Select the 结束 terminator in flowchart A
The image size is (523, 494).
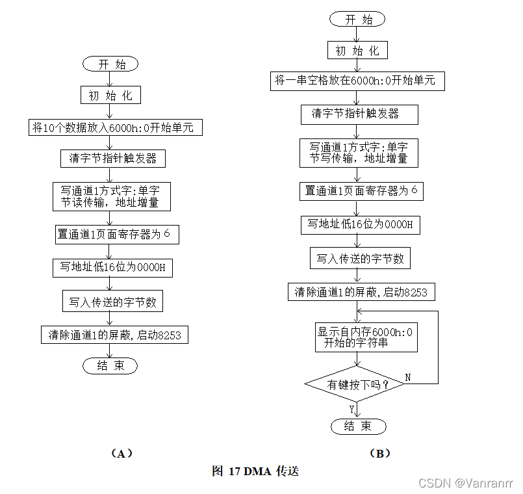click(x=110, y=366)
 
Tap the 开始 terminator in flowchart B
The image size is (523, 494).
click(x=358, y=19)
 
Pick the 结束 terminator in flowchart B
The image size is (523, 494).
click(x=358, y=426)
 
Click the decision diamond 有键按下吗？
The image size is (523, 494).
click(x=355, y=385)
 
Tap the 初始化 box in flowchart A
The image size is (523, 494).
click(x=110, y=95)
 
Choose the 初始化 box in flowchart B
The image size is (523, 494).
click(x=357, y=50)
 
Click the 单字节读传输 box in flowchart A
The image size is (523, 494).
click(x=112, y=196)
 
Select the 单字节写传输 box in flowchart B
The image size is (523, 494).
click(x=359, y=152)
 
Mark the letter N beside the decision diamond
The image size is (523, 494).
click(x=408, y=377)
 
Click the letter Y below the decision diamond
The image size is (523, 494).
click(x=351, y=409)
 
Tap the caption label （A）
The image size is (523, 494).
click(x=118, y=453)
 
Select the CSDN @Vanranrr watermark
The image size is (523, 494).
click(x=466, y=484)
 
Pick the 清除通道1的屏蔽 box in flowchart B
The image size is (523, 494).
click(x=361, y=292)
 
